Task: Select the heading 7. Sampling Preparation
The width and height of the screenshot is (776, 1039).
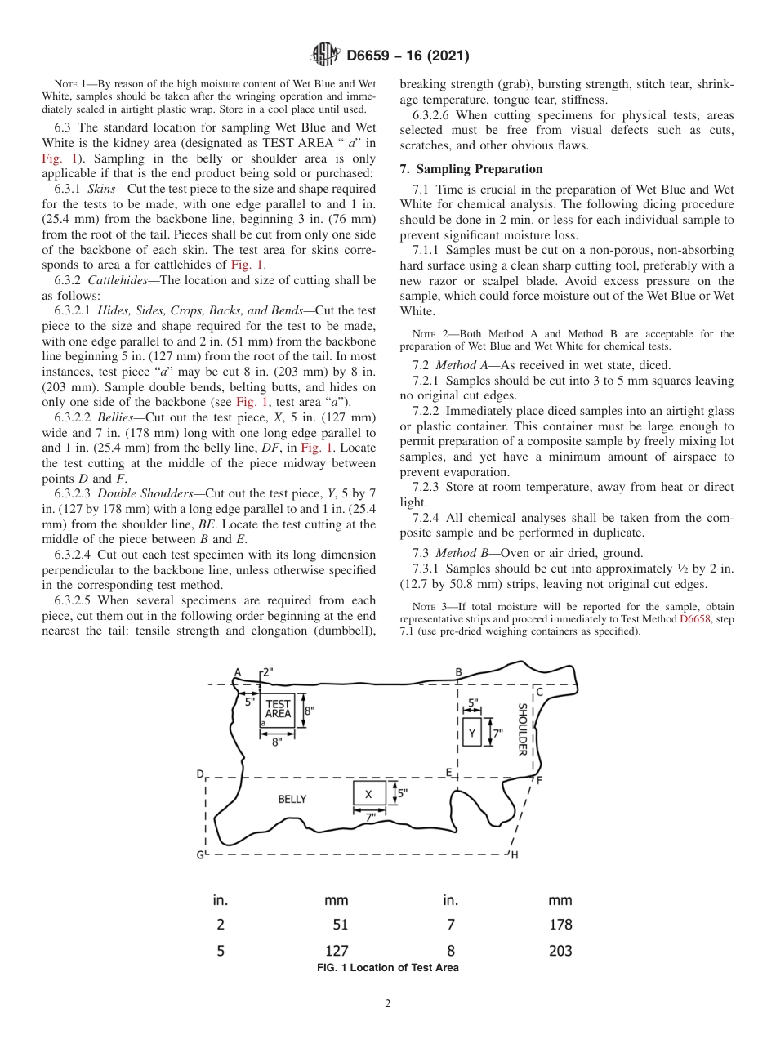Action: [471, 169]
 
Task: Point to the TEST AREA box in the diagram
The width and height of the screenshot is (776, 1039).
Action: [278, 708]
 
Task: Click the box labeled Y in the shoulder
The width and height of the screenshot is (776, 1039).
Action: [472, 734]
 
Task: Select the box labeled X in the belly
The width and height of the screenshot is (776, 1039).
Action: [368, 794]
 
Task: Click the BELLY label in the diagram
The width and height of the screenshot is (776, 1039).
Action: [292, 799]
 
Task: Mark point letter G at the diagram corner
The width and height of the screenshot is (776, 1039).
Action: [199, 854]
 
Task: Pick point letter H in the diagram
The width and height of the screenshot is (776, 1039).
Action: [515, 854]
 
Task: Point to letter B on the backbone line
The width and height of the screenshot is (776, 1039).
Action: [458, 672]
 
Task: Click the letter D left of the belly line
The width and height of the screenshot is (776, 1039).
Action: [199, 774]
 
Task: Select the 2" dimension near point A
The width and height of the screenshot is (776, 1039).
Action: [267, 671]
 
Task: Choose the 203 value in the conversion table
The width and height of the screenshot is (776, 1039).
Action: [560, 950]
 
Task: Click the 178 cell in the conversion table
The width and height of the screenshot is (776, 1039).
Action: [560, 925]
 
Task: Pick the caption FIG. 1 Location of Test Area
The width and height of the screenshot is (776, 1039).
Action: [387, 968]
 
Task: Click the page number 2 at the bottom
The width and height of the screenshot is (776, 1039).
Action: [388, 1004]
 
